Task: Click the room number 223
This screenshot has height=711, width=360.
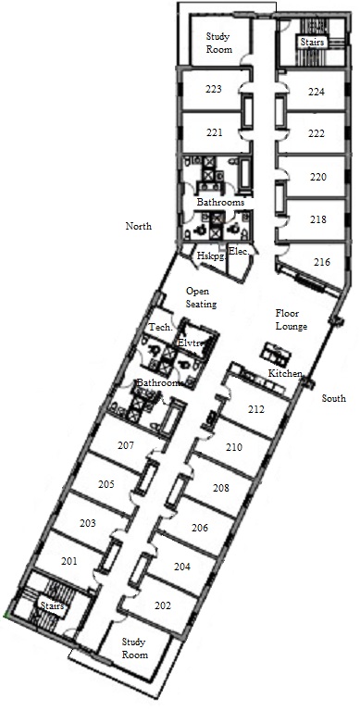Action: pyautogui.click(x=214, y=89)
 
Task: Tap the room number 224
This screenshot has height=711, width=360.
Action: pyautogui.click(x=317, y=92)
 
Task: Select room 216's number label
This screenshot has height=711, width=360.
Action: pyautogui.click(x=322, y=262)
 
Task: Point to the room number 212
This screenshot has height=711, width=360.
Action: pyautogui.click(x=256, y=409)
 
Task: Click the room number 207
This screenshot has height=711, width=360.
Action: pyautogui.click(x=126, y=445)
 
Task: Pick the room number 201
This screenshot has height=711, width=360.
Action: pyautogui.click(x=68, y=561)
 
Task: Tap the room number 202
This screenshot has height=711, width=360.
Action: pyautogui.click(x=162, y=605)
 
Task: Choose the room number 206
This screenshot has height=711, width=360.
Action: pyautogui.click(x=200, y=528)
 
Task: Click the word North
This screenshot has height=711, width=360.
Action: pyautogui.click(x=138, y=226)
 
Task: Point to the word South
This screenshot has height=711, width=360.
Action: pyautogui.click(x=334, y=398)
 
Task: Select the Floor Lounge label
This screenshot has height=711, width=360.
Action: pyautogui.click(x=292, y=319)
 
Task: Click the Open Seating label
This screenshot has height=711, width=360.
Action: pyautogui.click(x=202, y=297)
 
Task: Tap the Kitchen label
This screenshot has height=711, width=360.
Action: pyautogui.click(x=285, y=374)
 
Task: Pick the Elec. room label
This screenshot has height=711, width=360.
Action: pyautogui.click(x=239, y=251)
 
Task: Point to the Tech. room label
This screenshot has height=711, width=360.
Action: pyautogui.click(x=160, y=327)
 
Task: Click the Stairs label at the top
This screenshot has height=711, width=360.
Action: pyautogui.click(x=313, y=43)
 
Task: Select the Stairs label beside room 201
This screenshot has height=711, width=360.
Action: pyautogui.click(x=53, y=605)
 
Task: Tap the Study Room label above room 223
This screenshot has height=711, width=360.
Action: pyautogui.click(x=219, y=43)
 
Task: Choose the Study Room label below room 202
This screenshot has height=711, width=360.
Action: pyautogui.click(x=135, y=648)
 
